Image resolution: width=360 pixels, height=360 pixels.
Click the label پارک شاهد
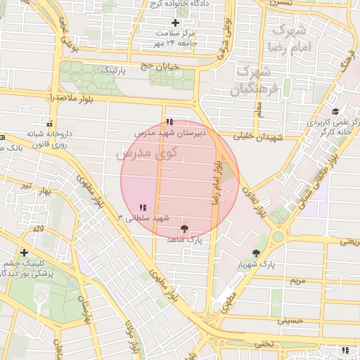(184, 240)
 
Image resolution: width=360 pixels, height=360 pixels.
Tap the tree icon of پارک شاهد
(184, 229)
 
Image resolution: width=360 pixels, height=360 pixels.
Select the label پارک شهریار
(255, 264)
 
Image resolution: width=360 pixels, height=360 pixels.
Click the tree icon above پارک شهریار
(255, 253)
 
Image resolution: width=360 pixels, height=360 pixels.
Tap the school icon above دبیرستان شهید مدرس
(169, 122)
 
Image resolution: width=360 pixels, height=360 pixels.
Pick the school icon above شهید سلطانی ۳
(143, 207)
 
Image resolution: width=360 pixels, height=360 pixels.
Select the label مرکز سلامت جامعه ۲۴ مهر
(176, 38)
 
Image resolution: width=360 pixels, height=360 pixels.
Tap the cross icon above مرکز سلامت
(176, 23)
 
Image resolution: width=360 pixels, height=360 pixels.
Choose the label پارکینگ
(115, 71)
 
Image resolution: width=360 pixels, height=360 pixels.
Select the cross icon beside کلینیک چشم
(25, 252)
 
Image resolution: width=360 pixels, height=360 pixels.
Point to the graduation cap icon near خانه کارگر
(335, 112)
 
